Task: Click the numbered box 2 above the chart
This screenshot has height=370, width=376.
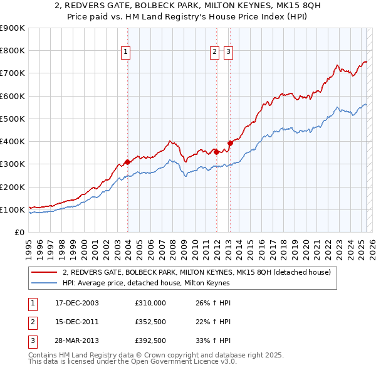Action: pos(214,52)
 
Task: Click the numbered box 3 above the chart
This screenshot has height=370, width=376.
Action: pos(228,52)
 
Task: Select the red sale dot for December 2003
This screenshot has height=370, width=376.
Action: pos(128,162)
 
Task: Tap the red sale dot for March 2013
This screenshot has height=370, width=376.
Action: pos(229,143)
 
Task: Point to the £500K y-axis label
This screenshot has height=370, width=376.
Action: pos(13,119)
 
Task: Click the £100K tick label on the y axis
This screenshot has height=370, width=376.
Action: pos(13,209)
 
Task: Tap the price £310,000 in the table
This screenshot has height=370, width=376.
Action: pos(150,302)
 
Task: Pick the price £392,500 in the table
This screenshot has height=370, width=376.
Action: pos(150,342)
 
